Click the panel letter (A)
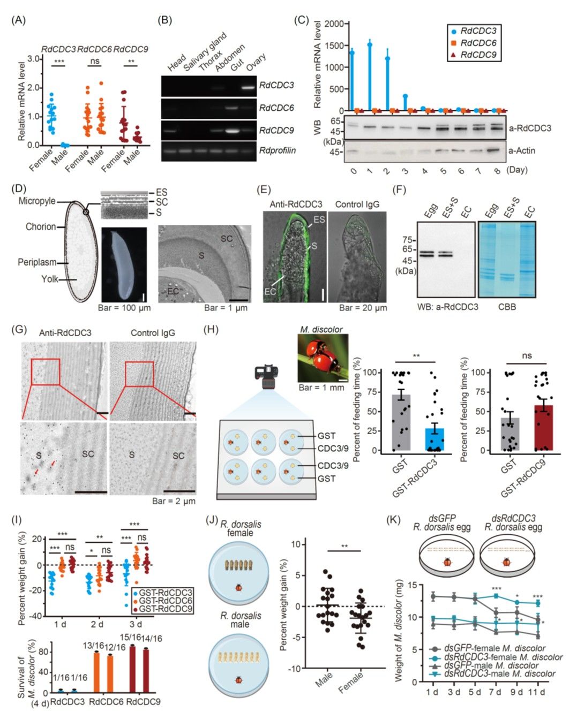18,20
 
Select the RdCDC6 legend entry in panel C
474,43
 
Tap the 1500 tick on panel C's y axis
334,46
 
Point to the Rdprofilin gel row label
277,150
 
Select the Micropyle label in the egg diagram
37,201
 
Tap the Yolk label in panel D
50,279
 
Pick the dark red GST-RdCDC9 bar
543,428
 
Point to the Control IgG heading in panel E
357,204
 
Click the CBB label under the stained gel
507,307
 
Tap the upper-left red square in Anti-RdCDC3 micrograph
46,372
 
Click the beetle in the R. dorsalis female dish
239,588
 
